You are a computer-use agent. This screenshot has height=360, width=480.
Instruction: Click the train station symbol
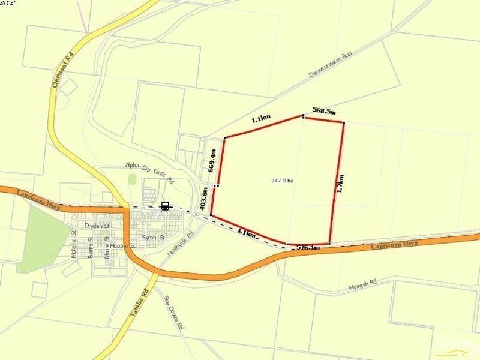(x=164, y=206)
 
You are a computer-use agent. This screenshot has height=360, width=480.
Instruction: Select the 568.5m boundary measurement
(x=324, y=111)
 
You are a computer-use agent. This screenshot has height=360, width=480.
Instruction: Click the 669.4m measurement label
(x=212, y=160)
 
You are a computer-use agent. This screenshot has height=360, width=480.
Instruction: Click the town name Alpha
(x=132, y=165)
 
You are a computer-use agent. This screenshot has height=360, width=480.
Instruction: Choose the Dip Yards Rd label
(x=157, y=172)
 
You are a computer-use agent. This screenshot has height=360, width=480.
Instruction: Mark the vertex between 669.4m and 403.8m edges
(x=217, y=176)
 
